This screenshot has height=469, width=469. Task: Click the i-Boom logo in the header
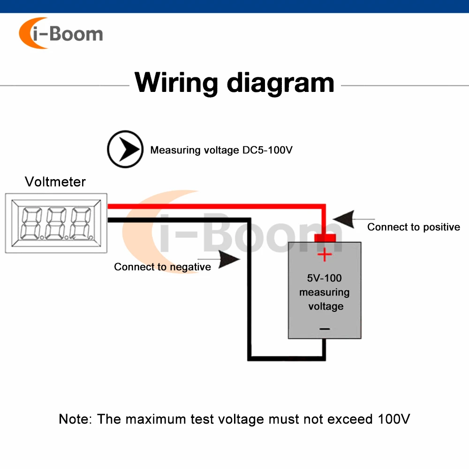tap(61, 34)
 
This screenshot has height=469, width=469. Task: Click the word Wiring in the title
tap(176, 83)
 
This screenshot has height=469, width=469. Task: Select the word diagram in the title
tap(280, 83)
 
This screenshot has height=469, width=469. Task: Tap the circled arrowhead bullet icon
tap(125, 150)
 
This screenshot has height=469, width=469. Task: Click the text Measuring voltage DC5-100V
tap(221, 151)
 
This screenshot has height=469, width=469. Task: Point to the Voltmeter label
tap(55, 182)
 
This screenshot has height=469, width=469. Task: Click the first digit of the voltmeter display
tap(30, 223)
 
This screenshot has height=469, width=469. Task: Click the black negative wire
tap(178, 219)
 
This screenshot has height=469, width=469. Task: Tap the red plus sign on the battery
tap(324, 255)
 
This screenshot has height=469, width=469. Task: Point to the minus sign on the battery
tap(325, 329)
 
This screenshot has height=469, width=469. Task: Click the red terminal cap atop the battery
tap(324, 238)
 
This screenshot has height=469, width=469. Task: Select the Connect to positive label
tap(413, 227)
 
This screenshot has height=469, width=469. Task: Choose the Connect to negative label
tap(162, 267)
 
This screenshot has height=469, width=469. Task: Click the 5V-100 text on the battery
tap(325, 278)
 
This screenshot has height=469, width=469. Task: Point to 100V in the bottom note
tap(394, 419)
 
